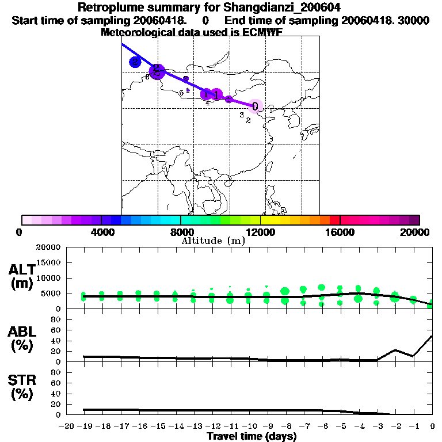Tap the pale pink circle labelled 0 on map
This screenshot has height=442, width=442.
(256, 106)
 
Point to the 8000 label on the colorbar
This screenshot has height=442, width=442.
(181, 232)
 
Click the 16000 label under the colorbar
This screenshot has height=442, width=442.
(341, 232)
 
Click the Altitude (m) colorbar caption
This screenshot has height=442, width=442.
(213, 241)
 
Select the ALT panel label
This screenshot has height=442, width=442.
(22, 276)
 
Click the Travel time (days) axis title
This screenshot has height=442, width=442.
(252, 437)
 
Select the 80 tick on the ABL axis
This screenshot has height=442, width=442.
(56, 319)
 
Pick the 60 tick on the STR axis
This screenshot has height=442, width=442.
(56, 383)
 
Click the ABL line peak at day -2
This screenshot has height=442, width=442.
(395, 350)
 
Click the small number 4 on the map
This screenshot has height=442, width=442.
(207, 103)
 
